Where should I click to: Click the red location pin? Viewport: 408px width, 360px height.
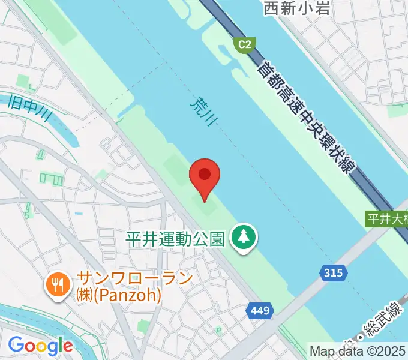click(205, 176)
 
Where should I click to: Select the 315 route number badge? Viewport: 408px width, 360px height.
click(333, 273)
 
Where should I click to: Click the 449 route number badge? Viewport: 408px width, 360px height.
click(260, 311)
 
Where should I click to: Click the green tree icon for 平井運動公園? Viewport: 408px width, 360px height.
click(244, 238)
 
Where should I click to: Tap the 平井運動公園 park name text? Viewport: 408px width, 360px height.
click(175, 239)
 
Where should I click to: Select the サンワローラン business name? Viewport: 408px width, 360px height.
click(135, 278)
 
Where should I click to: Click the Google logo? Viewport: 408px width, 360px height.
click(40, 346)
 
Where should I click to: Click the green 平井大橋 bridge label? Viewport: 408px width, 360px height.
click(387, 219)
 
